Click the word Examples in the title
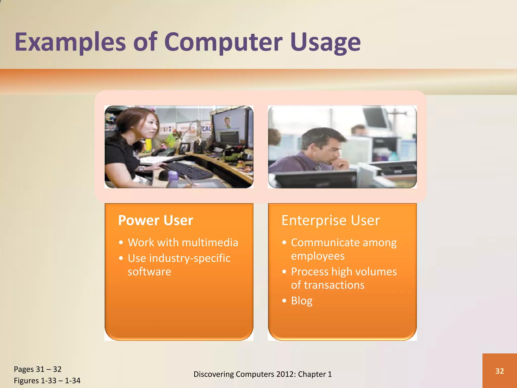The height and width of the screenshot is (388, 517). click(x=70, y=42)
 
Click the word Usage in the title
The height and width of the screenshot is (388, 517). click(x=325, y=42)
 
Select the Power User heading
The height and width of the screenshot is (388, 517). click(x=156, y=220)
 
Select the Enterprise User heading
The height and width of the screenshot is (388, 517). click(x=330, y=220)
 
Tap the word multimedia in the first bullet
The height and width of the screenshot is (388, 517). click(x=210, y=243)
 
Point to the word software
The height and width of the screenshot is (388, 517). click(x=149, y=272)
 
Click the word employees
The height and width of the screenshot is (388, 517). click(x=318, y=256)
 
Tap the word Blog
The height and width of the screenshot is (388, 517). click(x=302, y=301)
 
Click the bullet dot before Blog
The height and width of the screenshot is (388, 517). click(x=285, y=301)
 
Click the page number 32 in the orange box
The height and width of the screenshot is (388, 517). click(x=500, y=371)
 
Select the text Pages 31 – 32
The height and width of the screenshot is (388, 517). click(x=38, y=369)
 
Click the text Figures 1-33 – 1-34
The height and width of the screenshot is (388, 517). click(x=47, y=381)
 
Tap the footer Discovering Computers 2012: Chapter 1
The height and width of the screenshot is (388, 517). click(x=263, y=374)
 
